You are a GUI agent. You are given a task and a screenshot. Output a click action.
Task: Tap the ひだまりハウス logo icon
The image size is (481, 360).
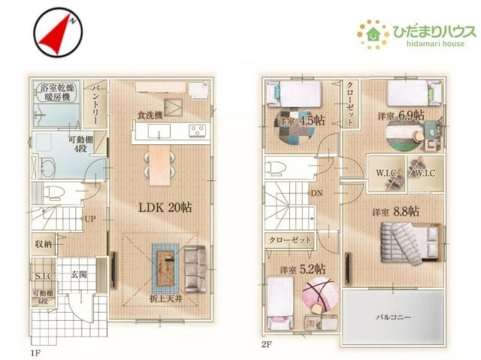click(x=372, y=33)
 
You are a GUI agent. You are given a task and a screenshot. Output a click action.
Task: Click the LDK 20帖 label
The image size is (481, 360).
click(x=165, y=207)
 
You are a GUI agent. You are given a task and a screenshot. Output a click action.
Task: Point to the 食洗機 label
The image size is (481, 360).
click(x=150, y=115)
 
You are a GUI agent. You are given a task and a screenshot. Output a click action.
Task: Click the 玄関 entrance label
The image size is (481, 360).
click(x=80, y=274)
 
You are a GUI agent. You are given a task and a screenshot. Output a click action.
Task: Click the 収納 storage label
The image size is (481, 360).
click(x=43, y=244)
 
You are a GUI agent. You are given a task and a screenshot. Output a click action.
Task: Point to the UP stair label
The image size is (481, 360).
click(x=89, y=220)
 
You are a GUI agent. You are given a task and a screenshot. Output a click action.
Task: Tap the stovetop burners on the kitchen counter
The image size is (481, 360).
click(x=197, y=132)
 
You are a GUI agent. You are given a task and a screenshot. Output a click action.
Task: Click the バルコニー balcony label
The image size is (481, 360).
click(x=393, y=317)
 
